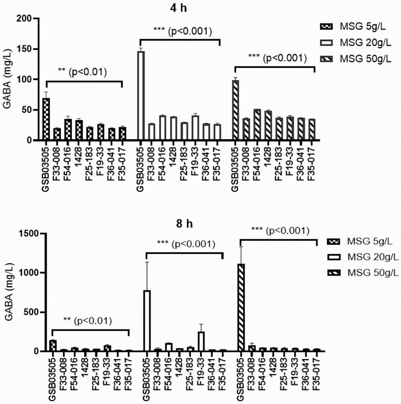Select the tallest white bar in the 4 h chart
[141, 96]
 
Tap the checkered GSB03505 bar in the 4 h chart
[46, 119]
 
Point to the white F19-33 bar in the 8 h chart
[202, 341]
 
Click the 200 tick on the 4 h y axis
[26, 19]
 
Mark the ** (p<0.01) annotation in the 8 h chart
[87, 321]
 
